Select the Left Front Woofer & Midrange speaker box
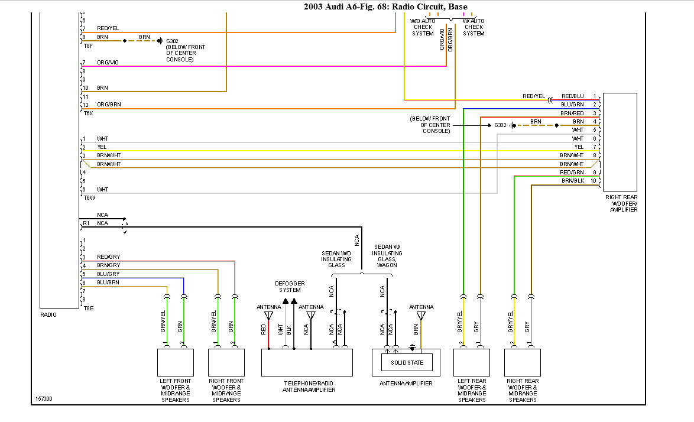pyautogui.click(x=175, y=362)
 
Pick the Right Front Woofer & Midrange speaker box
pyautogui.click(x=226, y=362)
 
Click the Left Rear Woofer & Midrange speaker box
pyautogui.click(x=471, y=362)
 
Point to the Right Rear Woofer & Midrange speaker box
pyautogui.click(x=522, y=362)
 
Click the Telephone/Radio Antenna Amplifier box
pyautogui.click(x=307, y=362)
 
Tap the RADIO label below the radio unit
pyautogui.click(x=48, y=315)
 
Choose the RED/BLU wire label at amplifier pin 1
pyautogui.click(x=572, y=96)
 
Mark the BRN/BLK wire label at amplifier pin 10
pyautogui.click(x=572, y=180)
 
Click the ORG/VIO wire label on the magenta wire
pyautogui.click(x=108, y=62)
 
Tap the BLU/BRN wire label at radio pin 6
pyautogui.click(x=108, y=283)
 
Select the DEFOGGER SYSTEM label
pyautogui.click(x=290, y=287)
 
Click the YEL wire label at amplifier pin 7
pyautogui.click(x=579, y=147)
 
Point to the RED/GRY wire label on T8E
pyautogui.click(x=108, y=257)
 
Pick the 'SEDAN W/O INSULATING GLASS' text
pyautogui.click(x=336, y=259)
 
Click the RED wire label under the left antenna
pyautogui.click(x=264, y=329)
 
